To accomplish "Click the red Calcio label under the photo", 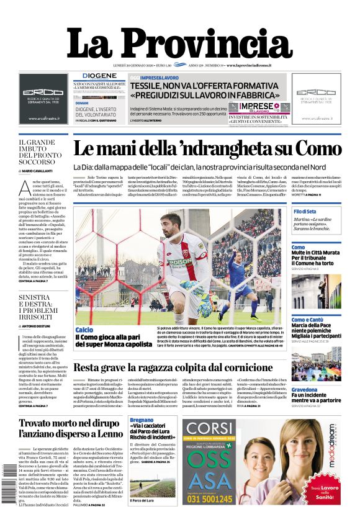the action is (84, 330).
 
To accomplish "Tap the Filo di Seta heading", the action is (305, 212).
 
